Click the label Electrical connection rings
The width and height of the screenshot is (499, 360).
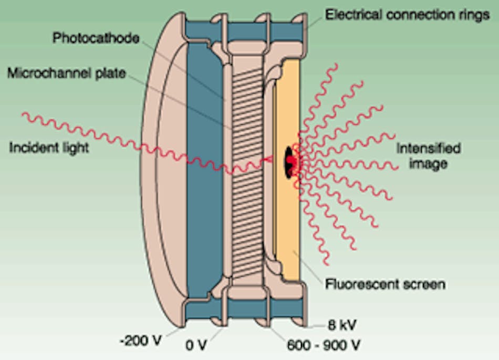coord(407,14)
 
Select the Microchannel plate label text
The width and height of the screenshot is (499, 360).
coord(67,73)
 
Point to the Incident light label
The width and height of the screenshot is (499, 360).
coord(49,148)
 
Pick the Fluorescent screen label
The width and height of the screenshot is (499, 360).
coord(385,285)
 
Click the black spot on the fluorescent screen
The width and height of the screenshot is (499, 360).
coord(290,158)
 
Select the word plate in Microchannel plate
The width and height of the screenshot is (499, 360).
coord(110,73)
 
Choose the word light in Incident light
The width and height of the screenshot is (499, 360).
coord(74,148)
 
